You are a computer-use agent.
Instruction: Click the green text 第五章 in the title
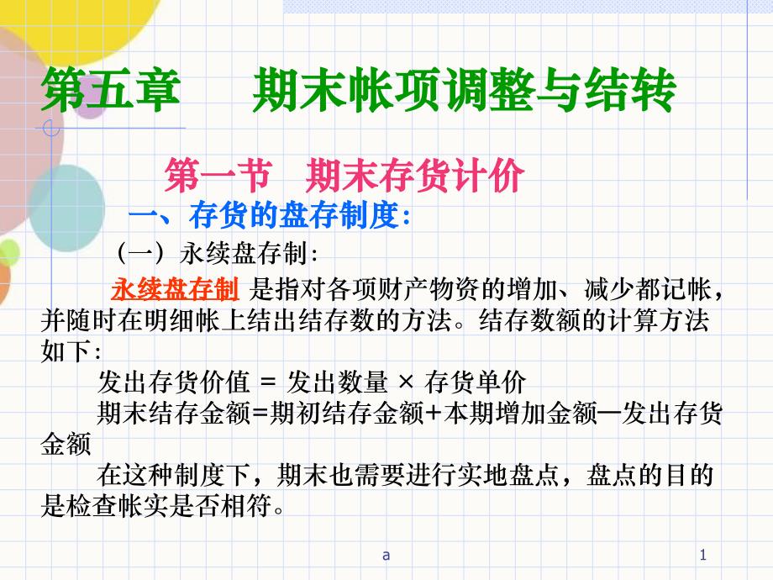110,90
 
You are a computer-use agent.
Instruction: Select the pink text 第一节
218,176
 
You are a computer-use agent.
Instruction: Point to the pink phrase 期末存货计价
414,176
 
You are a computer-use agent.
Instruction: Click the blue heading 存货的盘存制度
293,215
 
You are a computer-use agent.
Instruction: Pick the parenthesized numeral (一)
140,254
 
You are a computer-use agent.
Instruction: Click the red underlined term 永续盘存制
175,289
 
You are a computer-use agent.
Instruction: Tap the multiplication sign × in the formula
406,382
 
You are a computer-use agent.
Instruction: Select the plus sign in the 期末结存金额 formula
434,414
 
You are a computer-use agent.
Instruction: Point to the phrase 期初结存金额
347,414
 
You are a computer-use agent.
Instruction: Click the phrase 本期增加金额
519,414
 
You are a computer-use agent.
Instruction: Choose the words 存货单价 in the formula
475,382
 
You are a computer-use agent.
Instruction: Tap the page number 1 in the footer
703,555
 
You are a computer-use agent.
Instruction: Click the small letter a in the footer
386,556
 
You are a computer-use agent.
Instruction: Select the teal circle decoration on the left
66,208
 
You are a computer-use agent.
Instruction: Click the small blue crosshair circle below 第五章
51,129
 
